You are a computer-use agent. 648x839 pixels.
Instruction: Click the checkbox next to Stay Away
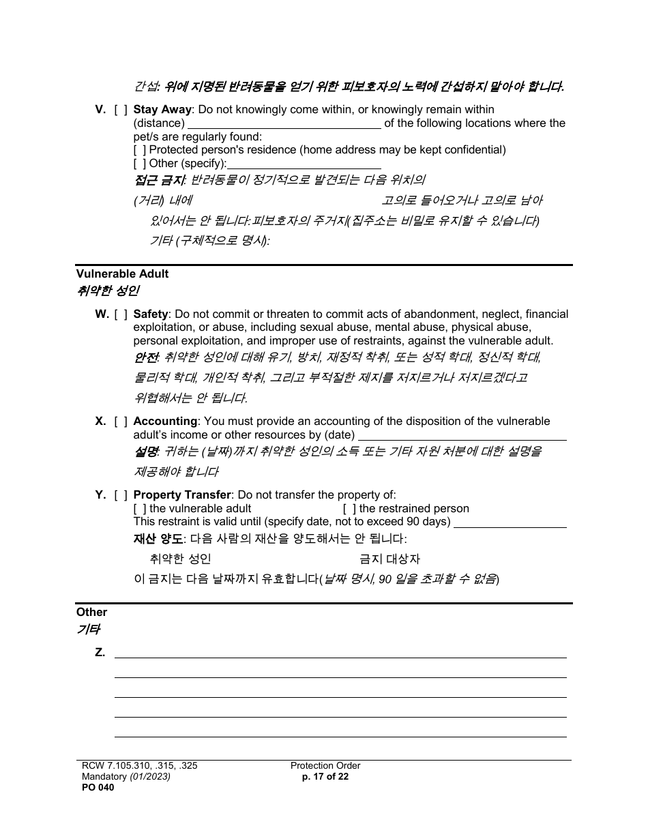click(x=121, y=110)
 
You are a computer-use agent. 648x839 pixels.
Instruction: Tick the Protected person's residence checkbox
click(x=140, y=150)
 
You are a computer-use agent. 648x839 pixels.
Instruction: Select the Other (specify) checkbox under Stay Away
click(x=140, y=164)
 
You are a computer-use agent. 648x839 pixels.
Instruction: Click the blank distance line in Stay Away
click(x=284, y=123)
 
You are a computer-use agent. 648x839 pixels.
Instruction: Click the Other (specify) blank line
click(x=304, y=164)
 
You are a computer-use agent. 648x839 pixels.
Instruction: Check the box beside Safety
click(x=121, y=314)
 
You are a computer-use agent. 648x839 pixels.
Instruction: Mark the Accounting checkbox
click(x=121, y=422)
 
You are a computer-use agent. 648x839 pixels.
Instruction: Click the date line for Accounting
click(x=462, y=435)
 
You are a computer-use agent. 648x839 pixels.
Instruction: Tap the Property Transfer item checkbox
click(x=121, y=495)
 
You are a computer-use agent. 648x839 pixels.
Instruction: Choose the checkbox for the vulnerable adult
click(x=140, y=509)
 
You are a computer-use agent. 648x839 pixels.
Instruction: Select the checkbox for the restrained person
click(x=349, y=509)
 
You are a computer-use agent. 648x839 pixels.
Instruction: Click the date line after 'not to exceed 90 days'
click(x=510, y=522)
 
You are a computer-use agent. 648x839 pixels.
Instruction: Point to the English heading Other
click(x=91, y=613)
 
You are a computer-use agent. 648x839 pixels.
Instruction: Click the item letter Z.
click(x=100, y=653)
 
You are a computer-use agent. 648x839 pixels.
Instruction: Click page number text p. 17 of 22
click(x=325, y=776)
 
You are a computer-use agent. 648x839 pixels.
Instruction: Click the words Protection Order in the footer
click(x=325, y=766)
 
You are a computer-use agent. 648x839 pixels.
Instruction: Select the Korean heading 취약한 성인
click(x=108, y=291)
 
